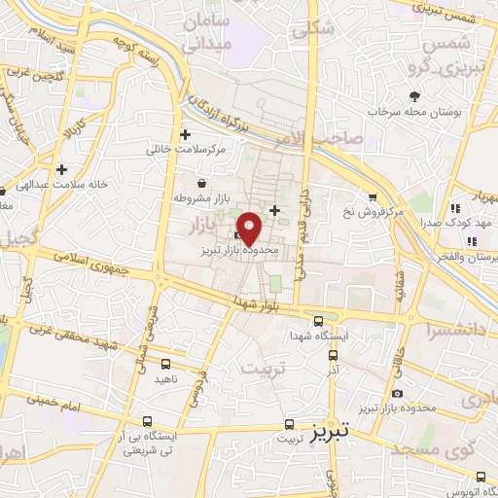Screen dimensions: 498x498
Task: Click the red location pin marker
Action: point(250,228)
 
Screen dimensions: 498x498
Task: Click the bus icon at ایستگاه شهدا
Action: point(319,322)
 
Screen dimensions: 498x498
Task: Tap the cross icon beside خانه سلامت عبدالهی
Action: point(62,168)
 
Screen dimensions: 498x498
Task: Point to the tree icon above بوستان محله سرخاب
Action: point(414,95)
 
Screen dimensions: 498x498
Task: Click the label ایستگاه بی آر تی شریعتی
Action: point(147,443)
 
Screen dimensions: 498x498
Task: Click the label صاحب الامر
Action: point(350,139)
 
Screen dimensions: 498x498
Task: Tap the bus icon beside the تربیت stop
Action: point(288,424)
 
